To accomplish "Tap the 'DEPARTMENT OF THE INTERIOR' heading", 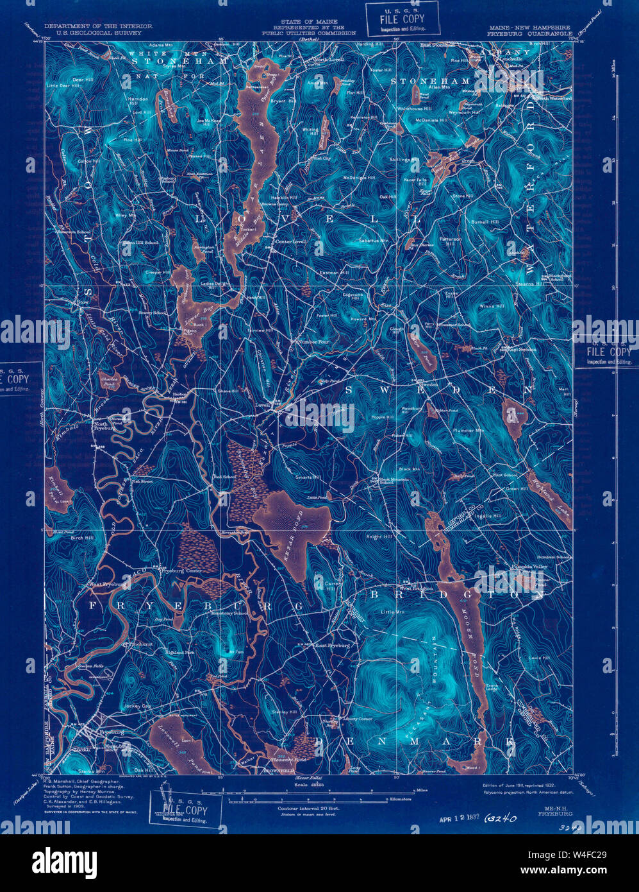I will [98, 26].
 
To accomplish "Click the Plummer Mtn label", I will [469, 430].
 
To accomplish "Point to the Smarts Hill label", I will [308, 478].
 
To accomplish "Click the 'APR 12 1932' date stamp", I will [460, 818].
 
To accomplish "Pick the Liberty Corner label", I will [358, 719].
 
